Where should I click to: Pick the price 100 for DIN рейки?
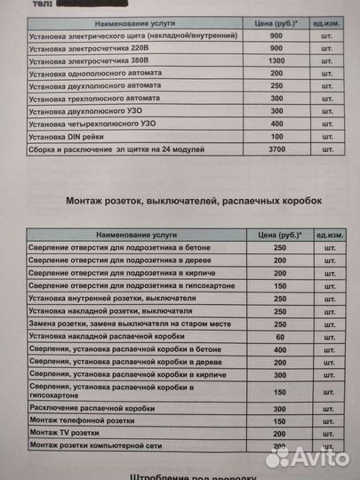click(275, 139)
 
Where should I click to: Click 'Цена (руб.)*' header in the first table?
click(275, 20)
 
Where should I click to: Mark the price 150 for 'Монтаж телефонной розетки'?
click(281, 420)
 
